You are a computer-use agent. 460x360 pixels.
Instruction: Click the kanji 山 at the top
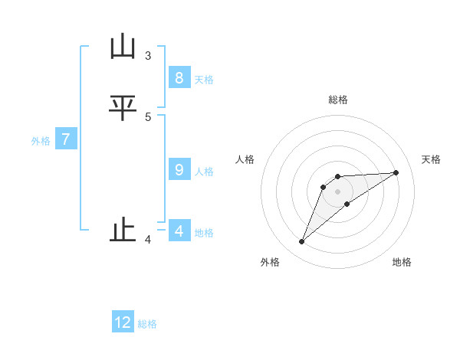(123, 47)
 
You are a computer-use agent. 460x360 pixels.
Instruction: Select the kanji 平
(123, 108)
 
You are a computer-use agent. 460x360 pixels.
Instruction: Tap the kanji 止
(123, 230)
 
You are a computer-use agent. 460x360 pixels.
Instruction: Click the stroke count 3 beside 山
(148, 55)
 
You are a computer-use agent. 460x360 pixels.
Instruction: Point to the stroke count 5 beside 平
(148, 116)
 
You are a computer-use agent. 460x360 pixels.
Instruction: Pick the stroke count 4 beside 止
(148, 240)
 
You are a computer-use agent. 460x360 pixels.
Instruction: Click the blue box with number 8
(179, 78)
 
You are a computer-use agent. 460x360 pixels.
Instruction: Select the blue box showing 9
(179, 170)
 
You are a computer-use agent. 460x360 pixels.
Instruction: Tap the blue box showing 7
(66, 139)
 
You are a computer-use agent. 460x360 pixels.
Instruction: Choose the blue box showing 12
(123, 322)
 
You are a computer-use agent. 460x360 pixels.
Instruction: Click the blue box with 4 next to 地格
(179, 231)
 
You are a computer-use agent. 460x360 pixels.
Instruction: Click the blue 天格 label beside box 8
(204, 80)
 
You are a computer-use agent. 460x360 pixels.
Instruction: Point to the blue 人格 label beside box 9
(204, 172)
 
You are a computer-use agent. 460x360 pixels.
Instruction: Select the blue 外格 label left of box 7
(41, 141)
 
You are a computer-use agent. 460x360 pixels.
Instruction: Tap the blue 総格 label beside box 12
(147, 324)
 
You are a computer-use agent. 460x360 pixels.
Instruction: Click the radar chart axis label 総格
(338, 100)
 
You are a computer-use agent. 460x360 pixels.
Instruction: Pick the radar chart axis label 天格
(432, 159)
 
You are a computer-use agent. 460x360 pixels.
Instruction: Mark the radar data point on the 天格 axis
(396, 172)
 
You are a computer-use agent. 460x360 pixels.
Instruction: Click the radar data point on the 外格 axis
(302, 242)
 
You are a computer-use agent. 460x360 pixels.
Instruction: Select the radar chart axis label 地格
(402, 262)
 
